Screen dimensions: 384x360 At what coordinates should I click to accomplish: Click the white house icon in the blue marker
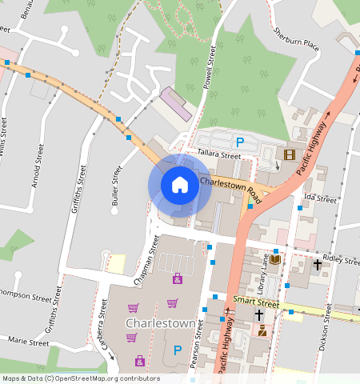(x=180, y=185)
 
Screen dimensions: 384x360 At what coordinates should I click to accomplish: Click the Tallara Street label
(x=220, y=155)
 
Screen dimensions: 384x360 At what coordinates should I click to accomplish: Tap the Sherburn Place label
(x=297, y=39)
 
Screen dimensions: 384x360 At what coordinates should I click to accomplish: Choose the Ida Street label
(x=321, y=198)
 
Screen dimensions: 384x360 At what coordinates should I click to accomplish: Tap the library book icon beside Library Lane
(x=275, y=259)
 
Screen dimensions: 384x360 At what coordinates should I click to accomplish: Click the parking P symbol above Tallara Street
(x=239, y=141)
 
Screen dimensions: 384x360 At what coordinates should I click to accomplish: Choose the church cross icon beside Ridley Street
(x=317, y=262)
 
